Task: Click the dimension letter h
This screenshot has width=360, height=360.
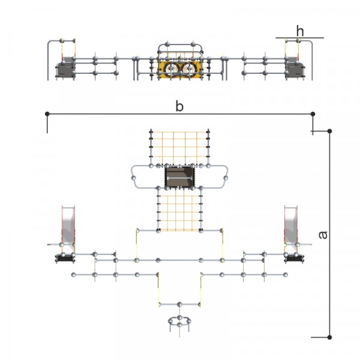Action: pyautogui.click(x=300, y=31)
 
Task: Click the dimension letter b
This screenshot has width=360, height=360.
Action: pyautogui.click(x=179, y=106)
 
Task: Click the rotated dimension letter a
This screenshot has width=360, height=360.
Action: pyautogui.click(x=323, y=235)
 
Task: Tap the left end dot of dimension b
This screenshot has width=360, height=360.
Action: pyautogui.click(x=47, y=113)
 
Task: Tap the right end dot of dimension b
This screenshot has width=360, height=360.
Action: pyautogui.click(x=313, y=113)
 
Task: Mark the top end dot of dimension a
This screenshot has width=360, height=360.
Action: pyautogui.click(x=329, y=131)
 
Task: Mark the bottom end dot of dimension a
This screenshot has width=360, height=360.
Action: pyautogui.click(x=329, y=337)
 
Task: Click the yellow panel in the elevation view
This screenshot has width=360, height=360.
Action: pyautogui.click(x=180, y=69)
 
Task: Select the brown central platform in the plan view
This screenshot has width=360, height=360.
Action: pyautogui.click(x=179, y=177)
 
